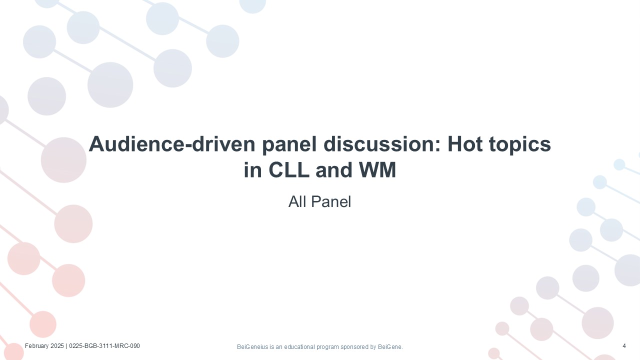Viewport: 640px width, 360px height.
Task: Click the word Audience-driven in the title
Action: pos(172,144)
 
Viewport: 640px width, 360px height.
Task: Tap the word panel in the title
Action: pos(289,145)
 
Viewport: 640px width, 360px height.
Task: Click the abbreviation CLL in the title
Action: pos(289,169)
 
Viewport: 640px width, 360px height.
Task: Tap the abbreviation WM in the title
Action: pos(377,169)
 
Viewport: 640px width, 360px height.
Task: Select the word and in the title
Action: pos(333,169)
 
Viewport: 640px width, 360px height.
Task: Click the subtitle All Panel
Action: pos(319,201)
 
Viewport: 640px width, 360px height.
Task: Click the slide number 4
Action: pos(624,346)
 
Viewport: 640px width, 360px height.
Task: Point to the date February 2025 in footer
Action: pos(44,346)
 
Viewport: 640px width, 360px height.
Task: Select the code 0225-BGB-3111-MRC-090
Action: pos(104,346)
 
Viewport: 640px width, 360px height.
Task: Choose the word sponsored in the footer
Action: pos(355,347)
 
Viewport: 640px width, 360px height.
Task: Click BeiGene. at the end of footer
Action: pos(390,347)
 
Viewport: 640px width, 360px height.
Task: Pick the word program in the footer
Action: pos(327,347)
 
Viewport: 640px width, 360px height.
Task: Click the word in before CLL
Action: pos(253,169)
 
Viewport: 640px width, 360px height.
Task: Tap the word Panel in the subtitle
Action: pos(331,201)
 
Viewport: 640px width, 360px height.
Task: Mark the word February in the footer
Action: pos(37,346)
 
